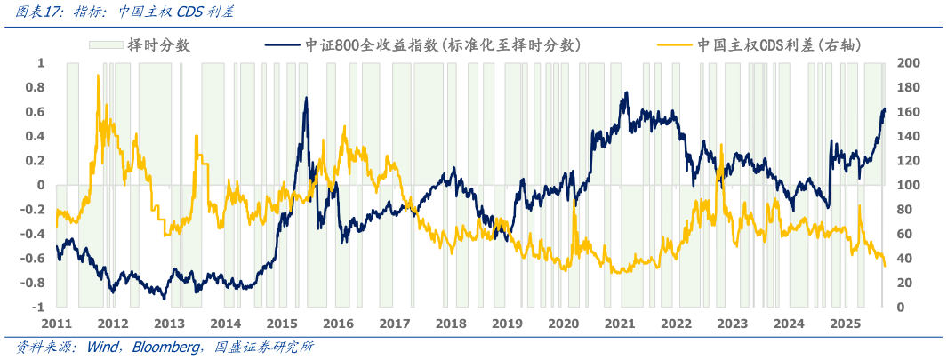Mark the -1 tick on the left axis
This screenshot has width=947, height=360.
click(x=37, y=308)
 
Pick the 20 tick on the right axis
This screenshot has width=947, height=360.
click(x=905, y=283)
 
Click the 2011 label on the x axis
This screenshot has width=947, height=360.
click(x=56, y=325)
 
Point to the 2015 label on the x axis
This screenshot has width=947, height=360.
click(x=282, y=325)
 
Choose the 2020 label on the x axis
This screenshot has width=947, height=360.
click(x=563, y=325)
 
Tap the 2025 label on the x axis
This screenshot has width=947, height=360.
click(x=844, y=325)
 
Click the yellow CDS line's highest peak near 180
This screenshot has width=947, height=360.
click(x=98, y=76)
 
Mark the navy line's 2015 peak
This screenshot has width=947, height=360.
click(x=306, y=98)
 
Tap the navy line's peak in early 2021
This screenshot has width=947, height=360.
click(x=627, y=92)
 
